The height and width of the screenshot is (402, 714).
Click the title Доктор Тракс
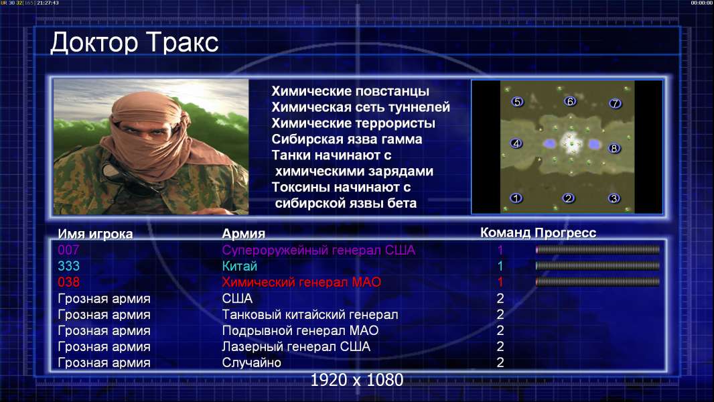135,43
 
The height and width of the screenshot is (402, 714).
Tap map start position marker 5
517,102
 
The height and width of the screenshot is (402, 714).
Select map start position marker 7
615,103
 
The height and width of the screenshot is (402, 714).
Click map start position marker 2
568,198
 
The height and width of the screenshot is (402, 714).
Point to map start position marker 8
614,149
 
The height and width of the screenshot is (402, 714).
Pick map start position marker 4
516,143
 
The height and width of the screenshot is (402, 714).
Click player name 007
68,250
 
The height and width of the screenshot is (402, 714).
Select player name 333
68,266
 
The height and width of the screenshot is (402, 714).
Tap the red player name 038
68,282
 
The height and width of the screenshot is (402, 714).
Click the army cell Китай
240,266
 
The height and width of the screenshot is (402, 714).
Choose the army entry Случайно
251,362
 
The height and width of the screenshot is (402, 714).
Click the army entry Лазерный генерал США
296,346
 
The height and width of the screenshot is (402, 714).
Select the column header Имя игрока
95,234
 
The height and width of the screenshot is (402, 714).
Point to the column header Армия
243,234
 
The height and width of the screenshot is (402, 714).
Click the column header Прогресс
565,233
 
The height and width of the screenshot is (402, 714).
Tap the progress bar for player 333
597,266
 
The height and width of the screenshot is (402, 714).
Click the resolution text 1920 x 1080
357,380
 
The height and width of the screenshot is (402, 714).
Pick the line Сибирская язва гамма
346,139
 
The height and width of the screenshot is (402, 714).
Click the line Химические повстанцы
350,91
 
